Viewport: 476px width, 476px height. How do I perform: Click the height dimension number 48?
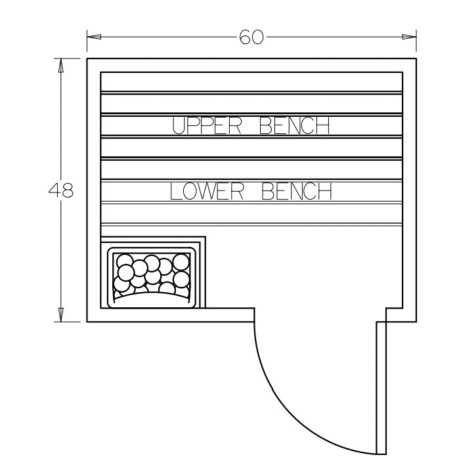click(x=61, y=191)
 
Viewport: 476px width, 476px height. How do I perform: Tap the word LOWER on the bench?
click(x=207, y=192)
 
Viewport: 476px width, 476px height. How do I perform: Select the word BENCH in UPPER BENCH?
click(x=293, y=125)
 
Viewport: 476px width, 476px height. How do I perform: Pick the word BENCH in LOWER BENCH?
click(x=296, y=192)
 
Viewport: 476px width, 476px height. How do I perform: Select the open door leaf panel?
click(x=380, y=387)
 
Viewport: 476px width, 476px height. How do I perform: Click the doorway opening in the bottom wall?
click(x=315, y=315)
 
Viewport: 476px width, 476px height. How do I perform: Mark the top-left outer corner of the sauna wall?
click(x=87, y=58)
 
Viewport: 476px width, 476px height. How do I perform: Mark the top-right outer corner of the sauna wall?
click(x=417, y=58)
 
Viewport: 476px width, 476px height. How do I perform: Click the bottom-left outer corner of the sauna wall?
click(x=87, y=322)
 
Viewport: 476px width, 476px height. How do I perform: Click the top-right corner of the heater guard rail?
click(x=205, y=238)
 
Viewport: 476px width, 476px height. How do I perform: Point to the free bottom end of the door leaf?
click(x=380, y=453)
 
